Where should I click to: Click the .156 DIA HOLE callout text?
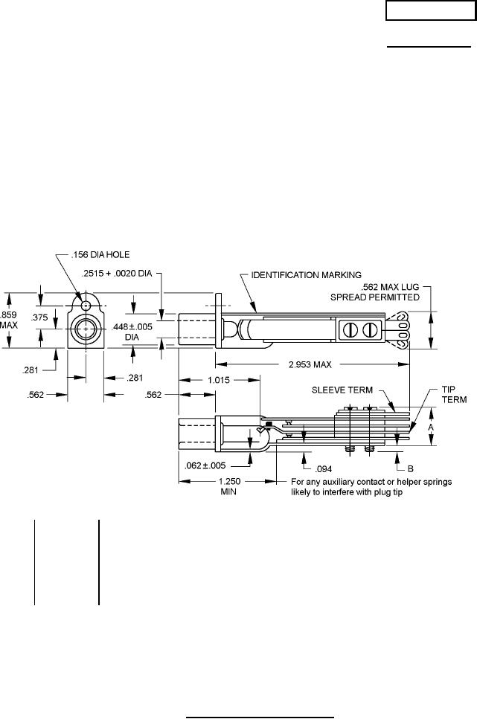(100, 254)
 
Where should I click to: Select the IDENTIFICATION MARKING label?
(306, 275)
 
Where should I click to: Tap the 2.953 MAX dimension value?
(310, 364)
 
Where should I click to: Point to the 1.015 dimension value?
(219, 380)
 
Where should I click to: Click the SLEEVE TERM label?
(342, 390)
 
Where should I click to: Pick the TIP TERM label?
(454, 394)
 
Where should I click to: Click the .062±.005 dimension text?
(205, 466)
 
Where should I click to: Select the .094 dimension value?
(324, 469)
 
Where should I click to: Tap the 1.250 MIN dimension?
(228, 486)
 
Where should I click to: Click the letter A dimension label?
(431, 427)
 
